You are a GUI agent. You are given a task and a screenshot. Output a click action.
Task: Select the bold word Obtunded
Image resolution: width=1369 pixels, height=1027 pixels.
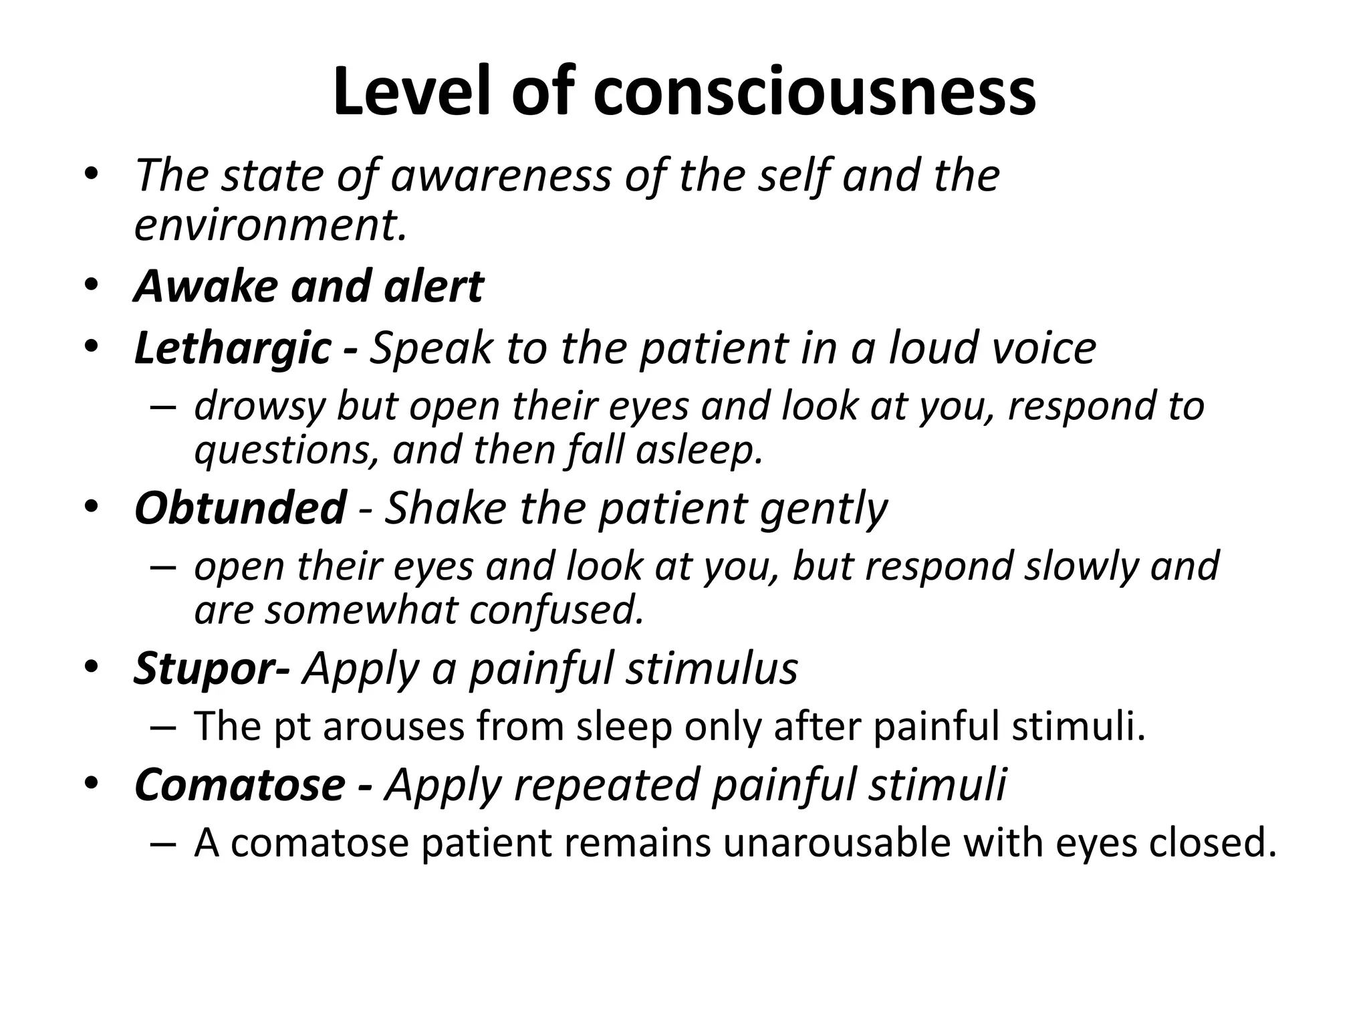240,508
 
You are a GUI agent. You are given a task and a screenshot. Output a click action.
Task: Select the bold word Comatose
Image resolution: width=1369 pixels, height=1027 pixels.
240,784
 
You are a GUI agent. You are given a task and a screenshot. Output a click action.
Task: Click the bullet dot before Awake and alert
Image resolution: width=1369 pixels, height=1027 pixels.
92,286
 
